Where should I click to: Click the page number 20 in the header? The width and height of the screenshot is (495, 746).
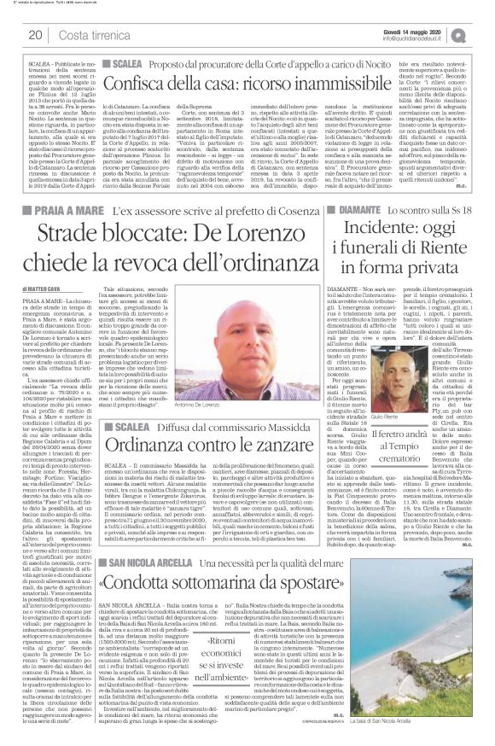tap(35, 34)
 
